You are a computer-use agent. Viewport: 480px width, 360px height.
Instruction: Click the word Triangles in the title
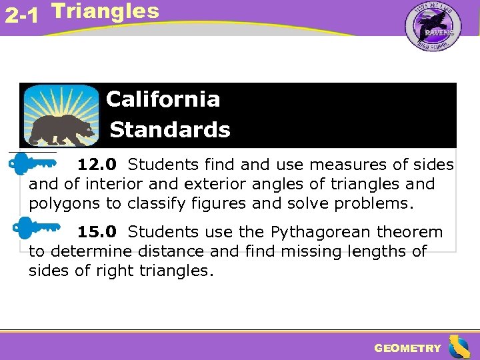(x=105, y=11)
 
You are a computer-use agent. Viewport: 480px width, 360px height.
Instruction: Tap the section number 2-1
(x=21, y=15)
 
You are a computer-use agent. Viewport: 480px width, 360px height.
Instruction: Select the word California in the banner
(x=163, y=99)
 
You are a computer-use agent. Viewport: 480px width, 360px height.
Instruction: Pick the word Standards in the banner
(x=169, y=129)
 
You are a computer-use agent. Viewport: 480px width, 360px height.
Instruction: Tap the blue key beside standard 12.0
(x=37, y=163)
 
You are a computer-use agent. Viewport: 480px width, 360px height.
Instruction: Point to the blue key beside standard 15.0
(x=37, y=228)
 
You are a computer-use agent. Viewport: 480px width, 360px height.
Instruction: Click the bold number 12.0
(x=97, y=164)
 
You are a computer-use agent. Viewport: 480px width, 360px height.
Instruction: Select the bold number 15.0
(x=97, y=232)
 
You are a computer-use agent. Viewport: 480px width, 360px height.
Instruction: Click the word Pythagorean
(x=321, y=232)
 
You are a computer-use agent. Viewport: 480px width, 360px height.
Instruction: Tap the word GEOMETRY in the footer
(x=407, y=348)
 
